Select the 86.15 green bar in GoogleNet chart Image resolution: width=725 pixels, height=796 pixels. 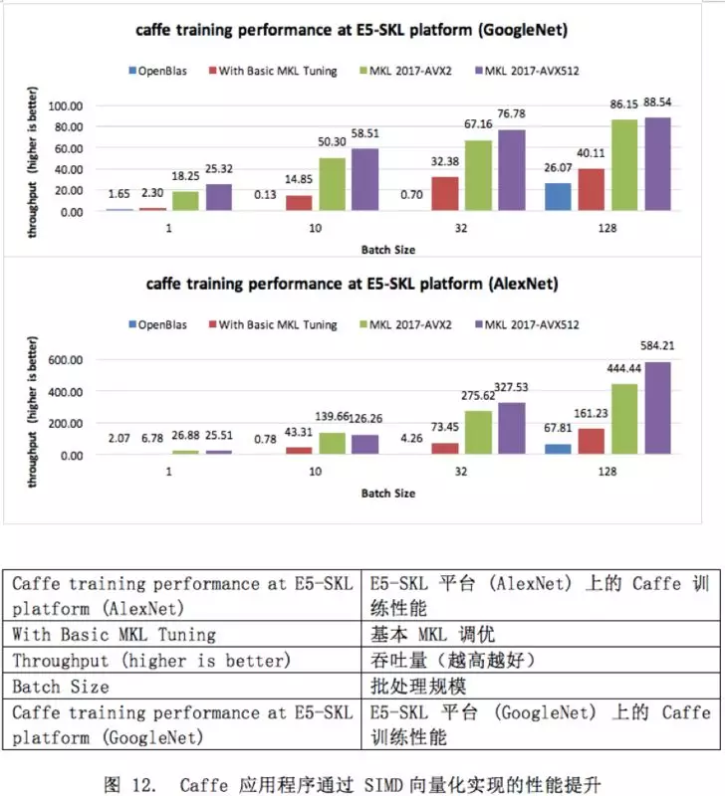pos(624,166)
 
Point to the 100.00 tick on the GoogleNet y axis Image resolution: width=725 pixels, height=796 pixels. pos(83,105)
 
